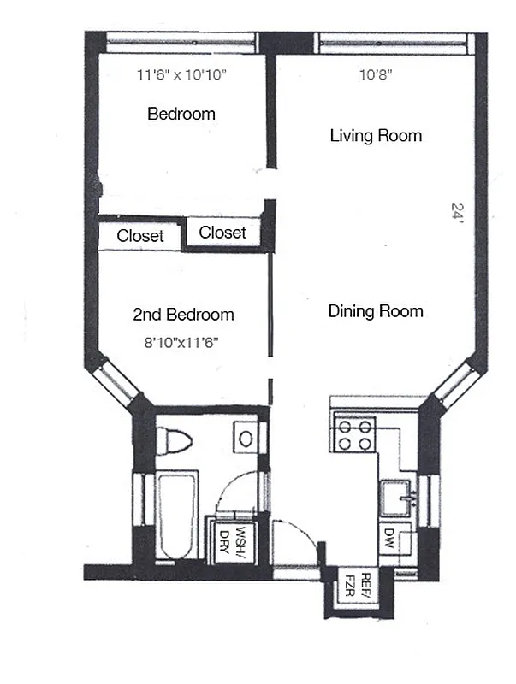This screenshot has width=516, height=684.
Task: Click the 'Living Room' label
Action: point(376,135)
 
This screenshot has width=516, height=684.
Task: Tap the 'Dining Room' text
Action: point(376,311)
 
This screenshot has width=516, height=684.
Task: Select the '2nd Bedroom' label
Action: point(183,315)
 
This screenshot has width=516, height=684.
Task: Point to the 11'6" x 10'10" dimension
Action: point(181,75)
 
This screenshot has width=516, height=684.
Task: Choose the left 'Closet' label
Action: point(140,236)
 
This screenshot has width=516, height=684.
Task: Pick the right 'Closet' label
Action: point(222,232)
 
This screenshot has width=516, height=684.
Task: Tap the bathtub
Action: point(177,516)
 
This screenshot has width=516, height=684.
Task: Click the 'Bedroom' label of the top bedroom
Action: point(181,113)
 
